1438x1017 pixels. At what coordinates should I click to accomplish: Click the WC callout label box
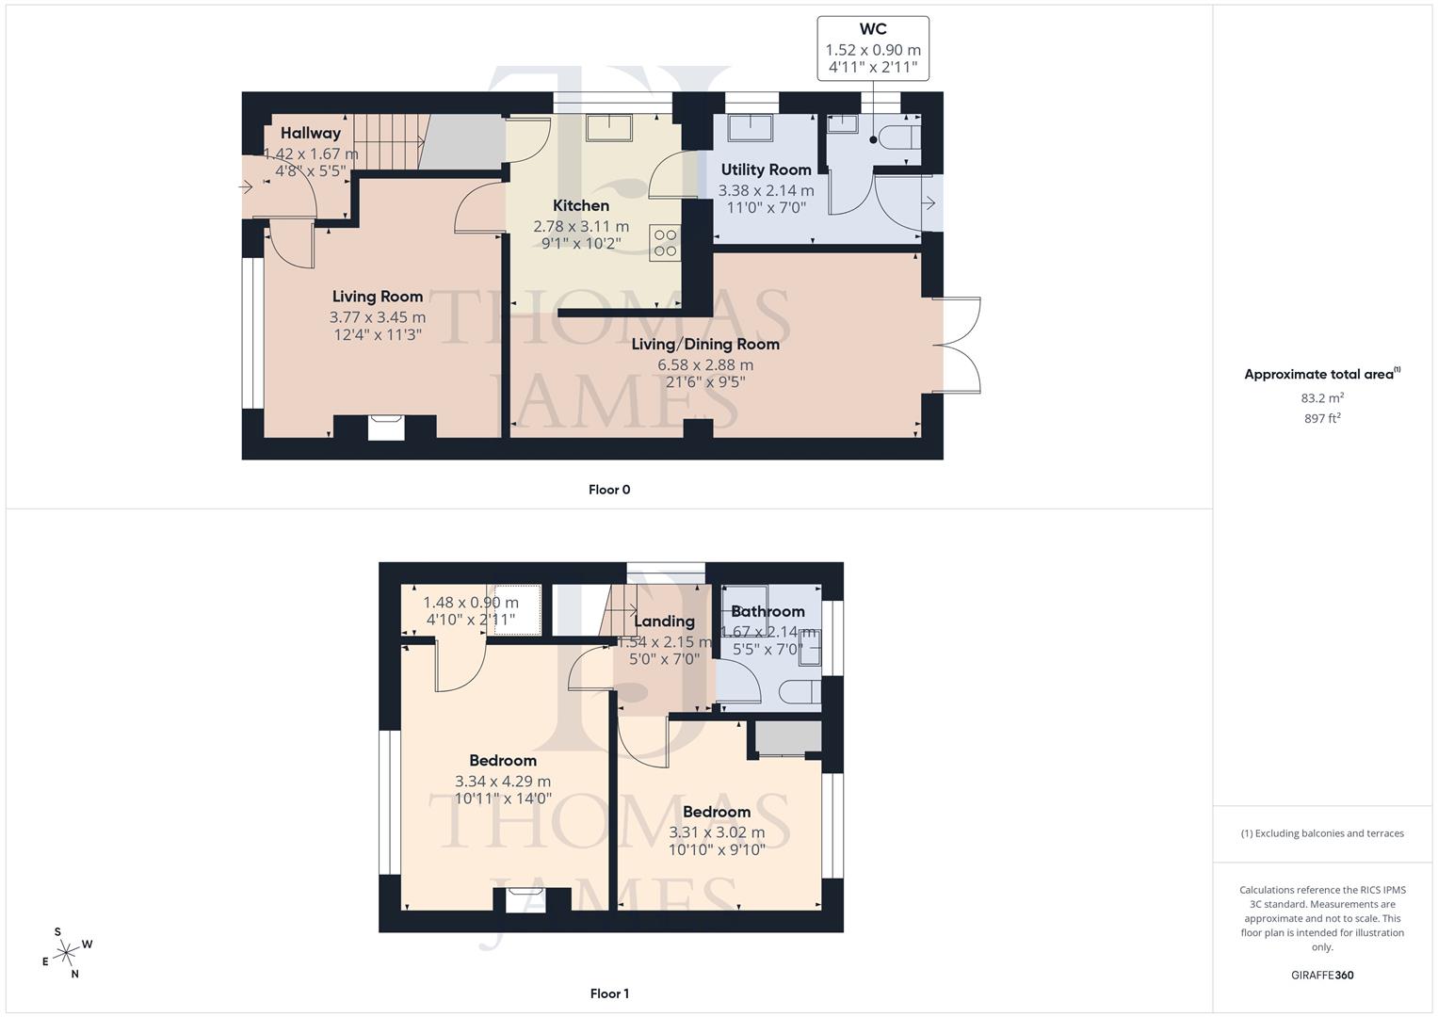[872, 49]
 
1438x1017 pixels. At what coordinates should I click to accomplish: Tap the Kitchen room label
[580, 205]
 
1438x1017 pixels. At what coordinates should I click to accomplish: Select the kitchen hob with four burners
[665, 242]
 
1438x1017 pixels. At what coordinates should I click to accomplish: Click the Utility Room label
[766, 169]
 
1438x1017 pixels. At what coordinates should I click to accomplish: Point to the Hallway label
[310, 133]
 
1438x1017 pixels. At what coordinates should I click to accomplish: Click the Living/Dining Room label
[704, 344]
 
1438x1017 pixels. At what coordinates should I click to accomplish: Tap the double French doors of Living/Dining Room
[959, 345]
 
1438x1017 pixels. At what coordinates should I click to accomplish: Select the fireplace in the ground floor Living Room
[385, 427]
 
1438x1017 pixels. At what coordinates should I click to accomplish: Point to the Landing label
[664, 621]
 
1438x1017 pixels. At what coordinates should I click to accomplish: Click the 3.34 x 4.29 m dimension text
[502, 781]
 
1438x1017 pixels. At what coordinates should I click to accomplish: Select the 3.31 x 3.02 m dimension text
[716, 832]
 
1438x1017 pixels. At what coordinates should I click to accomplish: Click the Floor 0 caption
[608, 490]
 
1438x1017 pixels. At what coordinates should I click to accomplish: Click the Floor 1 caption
[608, 993]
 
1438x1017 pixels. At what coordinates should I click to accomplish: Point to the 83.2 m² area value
[1321, 398]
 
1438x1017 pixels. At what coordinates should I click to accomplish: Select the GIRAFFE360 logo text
[1321, 975]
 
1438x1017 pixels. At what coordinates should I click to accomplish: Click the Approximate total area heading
[1321, 374]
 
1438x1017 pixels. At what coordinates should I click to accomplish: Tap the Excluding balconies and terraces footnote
[1321, 833]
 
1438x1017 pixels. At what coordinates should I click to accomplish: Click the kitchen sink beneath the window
[609, 127]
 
